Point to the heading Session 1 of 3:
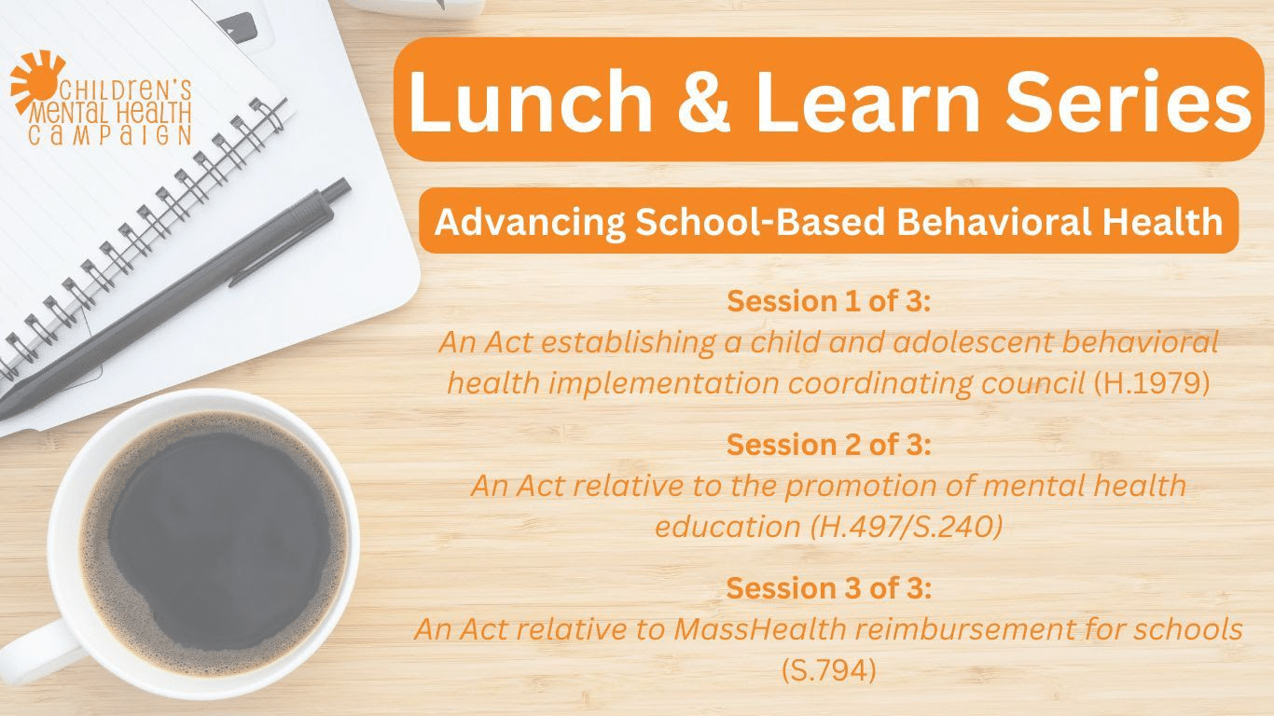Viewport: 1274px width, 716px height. tap(828, 301)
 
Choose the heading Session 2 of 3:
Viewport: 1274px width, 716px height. tap(828, 445)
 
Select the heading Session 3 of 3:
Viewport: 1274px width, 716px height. tap(828, 588)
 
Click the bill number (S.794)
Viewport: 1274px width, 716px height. tap(828, 670)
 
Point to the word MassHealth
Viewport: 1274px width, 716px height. tap(747, 629)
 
